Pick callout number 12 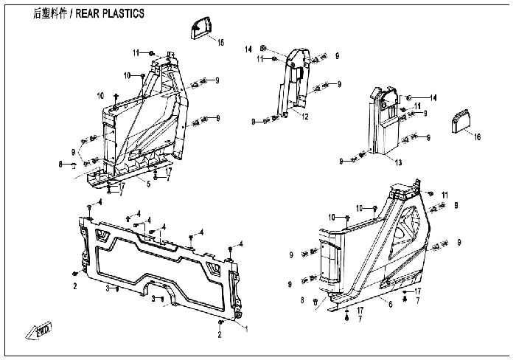click(x=304, y=117)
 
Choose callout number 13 click(x=398, y=162)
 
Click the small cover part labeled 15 click(x=201, y=29)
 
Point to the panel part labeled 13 click(x=384, y=122)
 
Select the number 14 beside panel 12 click(x=248, y=48)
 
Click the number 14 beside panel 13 click(x=433, y=97)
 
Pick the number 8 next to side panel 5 click(x=60, y=165)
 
